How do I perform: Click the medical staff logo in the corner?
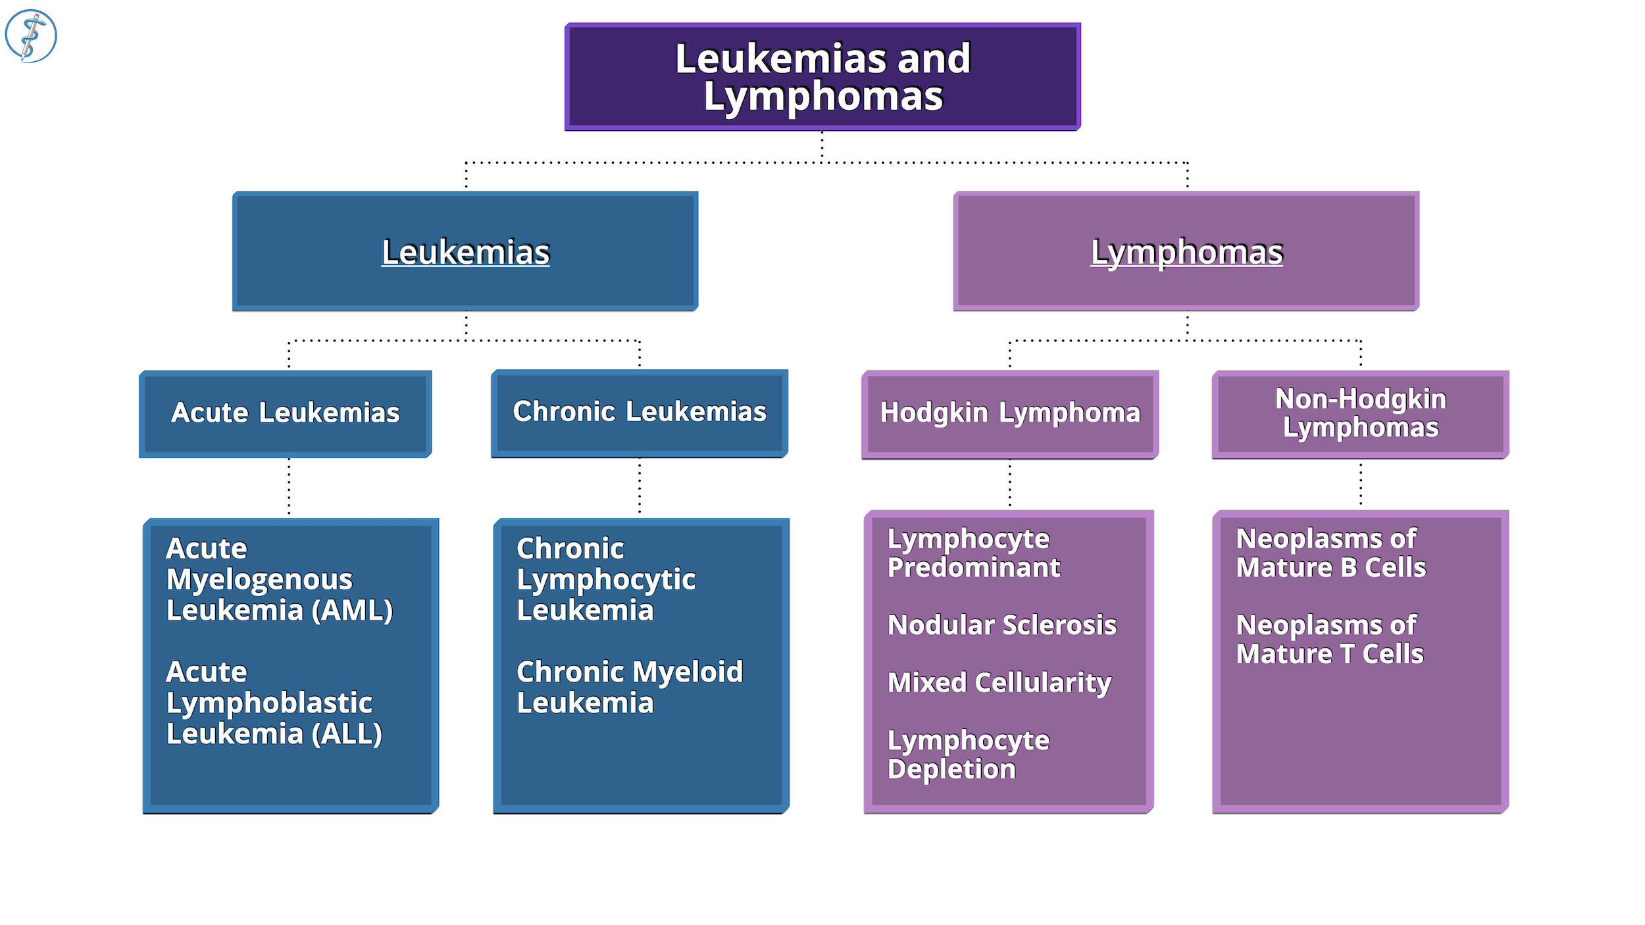31,36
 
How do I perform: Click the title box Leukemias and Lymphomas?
822,77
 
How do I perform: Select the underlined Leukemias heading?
465,252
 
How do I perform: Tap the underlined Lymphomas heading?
1186,252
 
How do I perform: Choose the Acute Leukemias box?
285,413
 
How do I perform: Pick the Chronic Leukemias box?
639,412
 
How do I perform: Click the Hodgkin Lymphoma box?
1009,413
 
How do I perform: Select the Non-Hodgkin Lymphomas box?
1360,413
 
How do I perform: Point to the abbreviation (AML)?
352,610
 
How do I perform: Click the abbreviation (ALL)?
347,734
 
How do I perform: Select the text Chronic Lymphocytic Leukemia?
605,579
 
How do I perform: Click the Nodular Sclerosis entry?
1001,625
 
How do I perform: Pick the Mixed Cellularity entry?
999,682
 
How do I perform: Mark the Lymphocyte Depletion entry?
967,755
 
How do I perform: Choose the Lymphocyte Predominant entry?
973,553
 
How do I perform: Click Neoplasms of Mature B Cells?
1330,553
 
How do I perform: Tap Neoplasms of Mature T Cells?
1329,639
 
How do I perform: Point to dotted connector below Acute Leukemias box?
289,487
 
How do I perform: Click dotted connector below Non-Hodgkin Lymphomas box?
1361,484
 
